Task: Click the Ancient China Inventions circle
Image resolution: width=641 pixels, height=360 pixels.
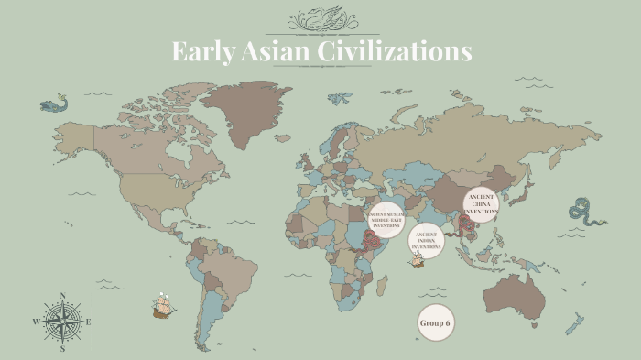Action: [x=481, y=203]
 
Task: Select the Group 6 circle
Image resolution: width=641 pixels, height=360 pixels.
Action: [x=436, y=322]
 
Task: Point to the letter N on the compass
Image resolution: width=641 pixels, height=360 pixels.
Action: [x=62, y=296]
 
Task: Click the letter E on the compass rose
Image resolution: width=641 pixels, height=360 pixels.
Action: [x=88, y=322]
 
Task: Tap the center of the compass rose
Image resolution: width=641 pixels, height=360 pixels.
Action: [x=62, y=322]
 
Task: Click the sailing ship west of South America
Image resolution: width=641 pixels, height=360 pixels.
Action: [x=164, y=306]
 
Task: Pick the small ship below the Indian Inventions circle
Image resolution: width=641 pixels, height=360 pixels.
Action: [x=417, y=261]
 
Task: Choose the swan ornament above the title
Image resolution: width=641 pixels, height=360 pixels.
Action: [x=320, y=19]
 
